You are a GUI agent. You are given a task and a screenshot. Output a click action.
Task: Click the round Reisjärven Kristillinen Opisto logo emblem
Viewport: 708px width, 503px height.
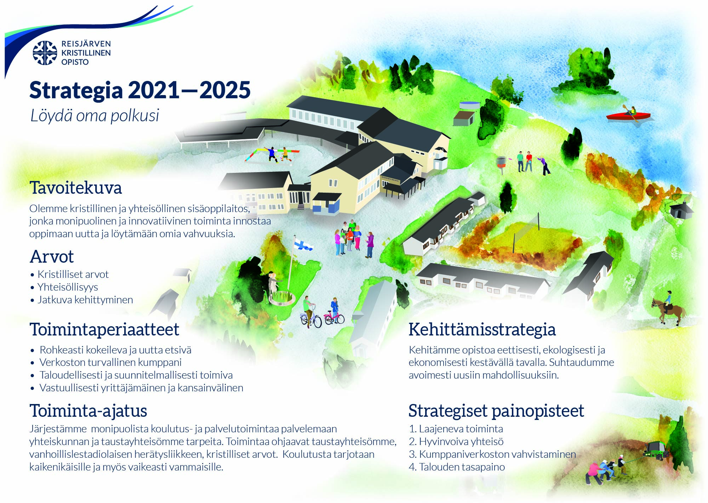45,53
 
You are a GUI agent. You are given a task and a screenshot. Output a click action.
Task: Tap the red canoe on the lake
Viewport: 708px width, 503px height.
628,116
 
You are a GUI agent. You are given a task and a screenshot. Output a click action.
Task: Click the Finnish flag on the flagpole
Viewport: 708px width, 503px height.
303,244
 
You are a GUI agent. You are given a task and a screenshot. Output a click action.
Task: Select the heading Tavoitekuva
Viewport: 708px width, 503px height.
76,188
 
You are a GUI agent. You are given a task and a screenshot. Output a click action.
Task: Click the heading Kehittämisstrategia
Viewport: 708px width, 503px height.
482,329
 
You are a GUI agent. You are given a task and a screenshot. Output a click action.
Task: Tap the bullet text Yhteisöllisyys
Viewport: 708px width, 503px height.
68,287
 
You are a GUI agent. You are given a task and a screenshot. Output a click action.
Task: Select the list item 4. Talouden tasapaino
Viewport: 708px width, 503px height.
457,467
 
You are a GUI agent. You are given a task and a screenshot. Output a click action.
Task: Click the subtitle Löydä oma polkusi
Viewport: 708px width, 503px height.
95,116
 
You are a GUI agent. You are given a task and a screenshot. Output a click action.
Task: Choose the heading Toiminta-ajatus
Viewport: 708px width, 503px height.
88,411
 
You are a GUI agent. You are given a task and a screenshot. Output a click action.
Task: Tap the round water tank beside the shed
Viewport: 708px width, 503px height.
469,105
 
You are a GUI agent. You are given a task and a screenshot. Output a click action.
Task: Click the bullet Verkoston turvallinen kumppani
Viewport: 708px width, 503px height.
110,362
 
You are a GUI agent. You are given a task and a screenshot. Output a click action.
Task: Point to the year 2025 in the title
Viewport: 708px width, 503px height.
225,90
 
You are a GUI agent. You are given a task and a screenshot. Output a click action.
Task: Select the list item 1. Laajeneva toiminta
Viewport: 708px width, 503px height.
456,429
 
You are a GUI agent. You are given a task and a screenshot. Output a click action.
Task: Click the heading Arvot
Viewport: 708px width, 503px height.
52,257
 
